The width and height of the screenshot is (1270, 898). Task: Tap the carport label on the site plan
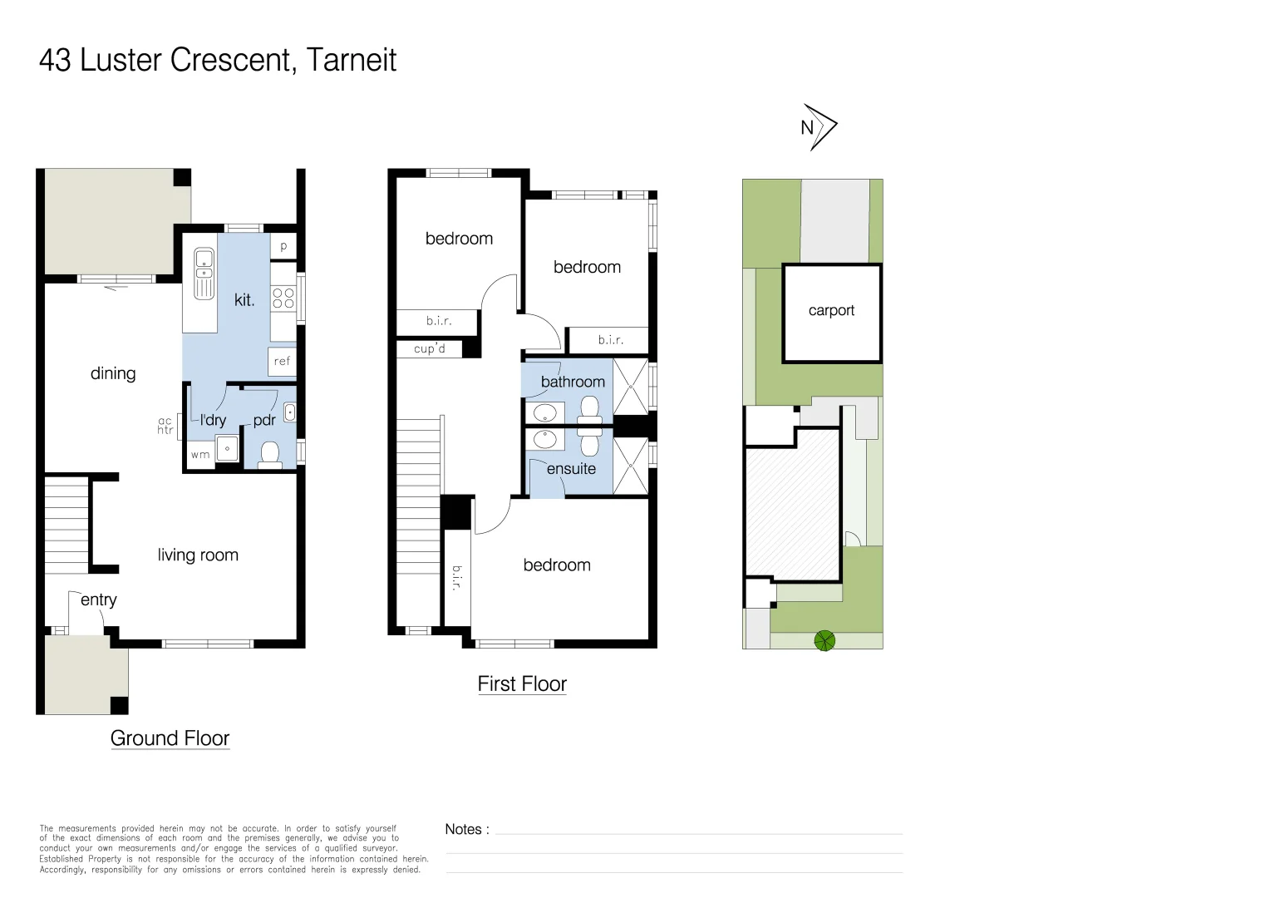[x=831, y=310]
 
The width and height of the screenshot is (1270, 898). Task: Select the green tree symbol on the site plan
[x=824, y=640]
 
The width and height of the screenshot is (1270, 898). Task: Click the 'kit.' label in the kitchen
[x=244, y=300]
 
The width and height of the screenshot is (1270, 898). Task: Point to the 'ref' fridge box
[x=283, y=361]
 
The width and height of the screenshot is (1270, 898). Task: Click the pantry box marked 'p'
[x=283, y=246]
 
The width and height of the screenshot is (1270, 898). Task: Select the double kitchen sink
[x=204, y=273]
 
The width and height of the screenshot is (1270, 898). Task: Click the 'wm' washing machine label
[x=199, y=455]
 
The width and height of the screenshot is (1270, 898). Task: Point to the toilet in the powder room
[x=269, y=454]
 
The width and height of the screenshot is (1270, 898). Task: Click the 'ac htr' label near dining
[x=165, y=426]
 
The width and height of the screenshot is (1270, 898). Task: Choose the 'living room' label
[x=198, y=555]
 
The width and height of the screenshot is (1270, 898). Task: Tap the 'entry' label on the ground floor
[x=98, y=599]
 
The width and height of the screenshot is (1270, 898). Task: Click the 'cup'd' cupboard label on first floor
[x=430, y=348]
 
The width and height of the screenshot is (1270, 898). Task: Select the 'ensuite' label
[x=571, y=468]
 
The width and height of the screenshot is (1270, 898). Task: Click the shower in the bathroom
[x=630, y=386]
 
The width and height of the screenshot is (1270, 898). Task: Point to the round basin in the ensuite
[x=545, y=438]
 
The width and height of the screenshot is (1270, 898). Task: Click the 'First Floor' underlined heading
[x=522, y=683]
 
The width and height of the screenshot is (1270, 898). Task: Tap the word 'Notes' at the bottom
[x=463, y=829]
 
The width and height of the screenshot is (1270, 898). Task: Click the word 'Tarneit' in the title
[x=351, y=60]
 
